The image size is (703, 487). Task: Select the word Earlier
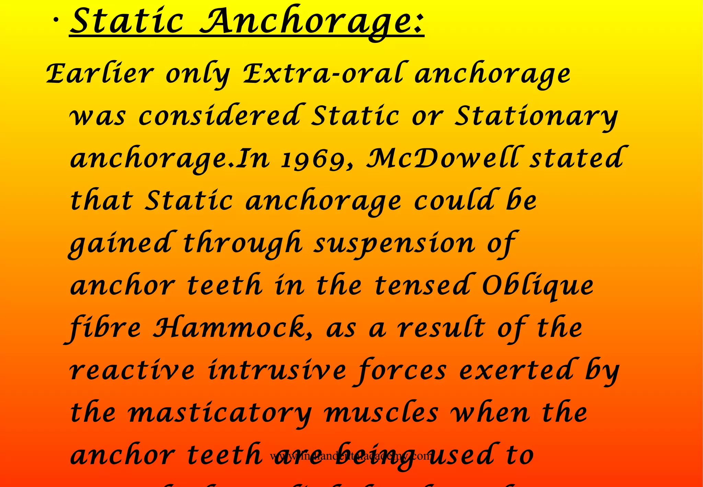(100, 74)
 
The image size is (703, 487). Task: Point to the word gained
(120, 244)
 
